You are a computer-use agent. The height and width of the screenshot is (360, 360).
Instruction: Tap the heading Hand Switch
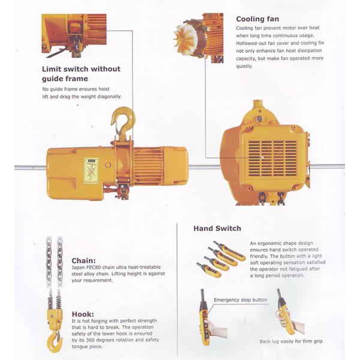(x=217, y=228)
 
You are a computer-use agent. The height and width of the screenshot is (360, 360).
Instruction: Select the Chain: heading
(x=83, y=260)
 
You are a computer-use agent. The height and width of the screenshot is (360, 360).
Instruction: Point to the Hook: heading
(x=82, y=313)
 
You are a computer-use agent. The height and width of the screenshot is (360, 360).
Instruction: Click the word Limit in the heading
(x=53, y=68)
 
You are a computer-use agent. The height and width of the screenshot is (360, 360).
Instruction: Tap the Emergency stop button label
(x=239, y=298)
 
